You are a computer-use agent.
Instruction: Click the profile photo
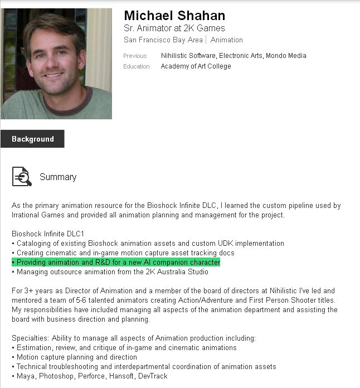56,64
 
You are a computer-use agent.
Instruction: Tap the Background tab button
32,139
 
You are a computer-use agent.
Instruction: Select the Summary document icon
22,176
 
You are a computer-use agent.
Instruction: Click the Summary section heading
58,177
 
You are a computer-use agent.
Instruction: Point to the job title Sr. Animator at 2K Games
174,28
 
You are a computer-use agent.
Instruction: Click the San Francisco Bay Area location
163,40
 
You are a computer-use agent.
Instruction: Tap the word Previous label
135,56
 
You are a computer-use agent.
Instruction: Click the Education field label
137,66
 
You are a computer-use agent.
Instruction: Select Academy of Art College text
196,66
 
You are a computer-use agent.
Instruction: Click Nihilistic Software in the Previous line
188,56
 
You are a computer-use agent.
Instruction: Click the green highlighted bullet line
116,262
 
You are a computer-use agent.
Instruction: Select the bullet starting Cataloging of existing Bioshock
148,243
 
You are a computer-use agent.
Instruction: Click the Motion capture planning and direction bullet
74,357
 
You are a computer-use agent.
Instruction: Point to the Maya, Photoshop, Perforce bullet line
89,376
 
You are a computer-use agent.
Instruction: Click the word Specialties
28,338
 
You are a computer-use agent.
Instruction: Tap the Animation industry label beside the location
227,40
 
